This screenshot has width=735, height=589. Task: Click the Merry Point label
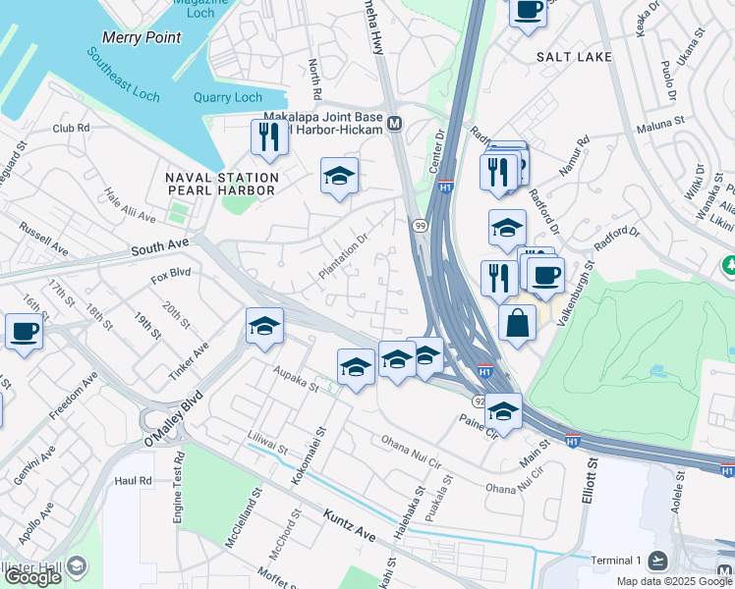point(141,37)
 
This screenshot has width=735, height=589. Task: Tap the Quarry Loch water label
point(228,97)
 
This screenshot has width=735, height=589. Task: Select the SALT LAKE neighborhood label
point(574,57)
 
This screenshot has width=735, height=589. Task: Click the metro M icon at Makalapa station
point(394,124)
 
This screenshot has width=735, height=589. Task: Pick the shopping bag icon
point(517,323)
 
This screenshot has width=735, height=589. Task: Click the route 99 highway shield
point(420,226)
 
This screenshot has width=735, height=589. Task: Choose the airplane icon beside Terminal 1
point(657,560)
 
